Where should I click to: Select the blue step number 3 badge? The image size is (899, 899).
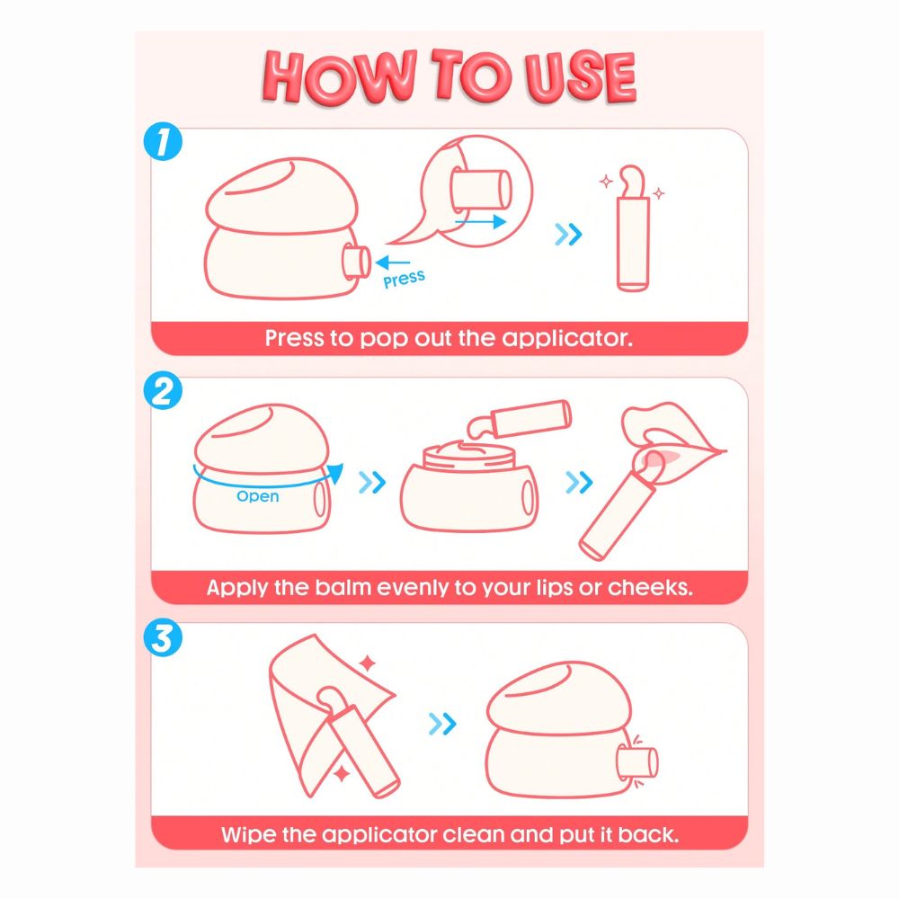[x=163, y=637]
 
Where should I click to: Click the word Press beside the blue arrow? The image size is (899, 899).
[x=405, y=279]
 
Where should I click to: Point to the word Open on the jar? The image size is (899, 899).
[x=257, y=496]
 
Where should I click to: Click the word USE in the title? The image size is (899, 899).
[x=580, y=77]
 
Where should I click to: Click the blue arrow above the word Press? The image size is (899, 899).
[x=392, y=263]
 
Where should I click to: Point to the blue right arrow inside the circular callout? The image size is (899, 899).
[x=480, y=221]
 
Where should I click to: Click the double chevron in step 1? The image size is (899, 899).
[x=568, y=234]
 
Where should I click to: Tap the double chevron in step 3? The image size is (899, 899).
[x=442, y=724]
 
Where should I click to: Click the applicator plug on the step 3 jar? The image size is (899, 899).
[x=637, y=763]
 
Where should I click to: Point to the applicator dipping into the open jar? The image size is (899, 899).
[x=519, y=418]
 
